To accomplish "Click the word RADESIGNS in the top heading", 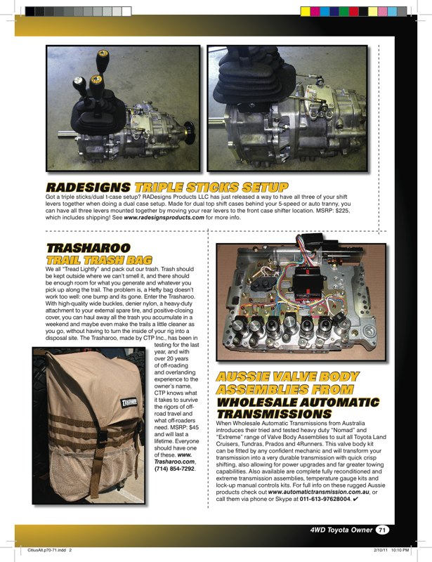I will coord(87,188).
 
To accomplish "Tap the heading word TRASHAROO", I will coord(88,249).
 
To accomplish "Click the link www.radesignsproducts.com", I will coord(164,218).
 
